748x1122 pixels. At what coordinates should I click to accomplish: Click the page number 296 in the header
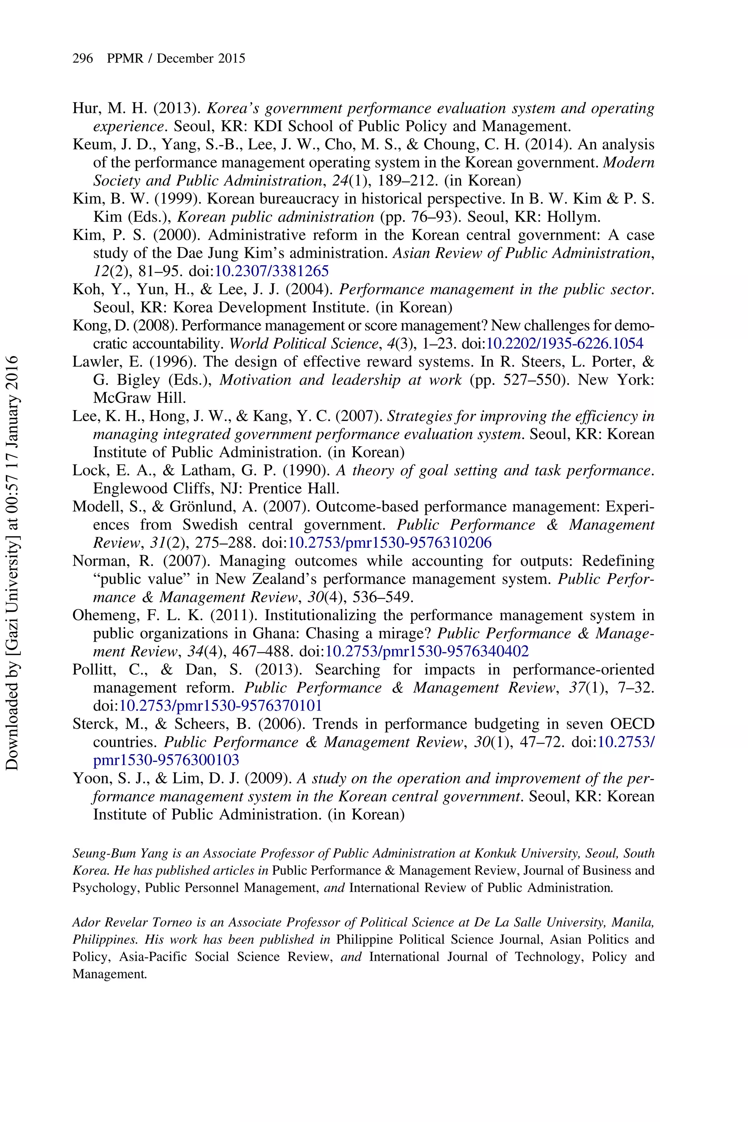pyautogui.click(x=83, y=59)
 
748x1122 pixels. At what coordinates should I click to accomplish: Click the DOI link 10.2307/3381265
pyautogui.click(x=272, y=271)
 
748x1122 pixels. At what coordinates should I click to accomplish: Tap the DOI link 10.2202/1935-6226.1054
pyautogui.click(x=564, y=343)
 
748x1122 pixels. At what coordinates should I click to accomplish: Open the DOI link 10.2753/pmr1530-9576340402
pyautogui.click(x=427, y=652)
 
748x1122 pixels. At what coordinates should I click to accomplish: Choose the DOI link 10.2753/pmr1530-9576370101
pyautogui.click(x=220, y=706)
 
